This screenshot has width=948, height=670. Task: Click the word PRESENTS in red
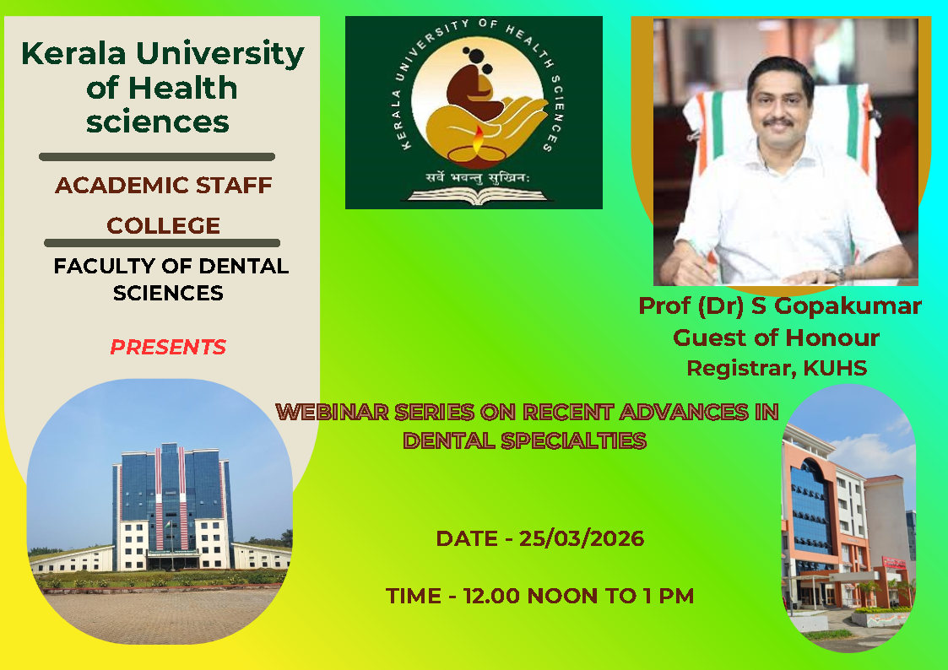pyautogui.click(x=168, y=347)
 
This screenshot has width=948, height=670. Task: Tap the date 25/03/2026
pyautogui.click(x=582, y=538)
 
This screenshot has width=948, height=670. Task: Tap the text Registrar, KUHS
pyautogui.click(x=777, y=368)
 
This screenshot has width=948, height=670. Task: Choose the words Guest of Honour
pyautogui.click(x=777, y=338)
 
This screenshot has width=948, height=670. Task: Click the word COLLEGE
pyautogui.click(x=163, y=225)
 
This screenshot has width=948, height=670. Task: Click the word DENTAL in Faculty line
pyautogui.click(x=244, y=266)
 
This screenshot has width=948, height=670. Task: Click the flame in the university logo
pyautogui.click(x=478, y=139)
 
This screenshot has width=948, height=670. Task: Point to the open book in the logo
pyautogui.click(x=478, y=195)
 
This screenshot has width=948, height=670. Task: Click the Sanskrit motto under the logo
pyautogui.click(x=478, y=177)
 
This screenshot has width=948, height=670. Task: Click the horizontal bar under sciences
pyautogui.click(x=157, y=157)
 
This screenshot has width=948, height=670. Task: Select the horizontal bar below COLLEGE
pyautogui.click(x=162, y=243)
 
